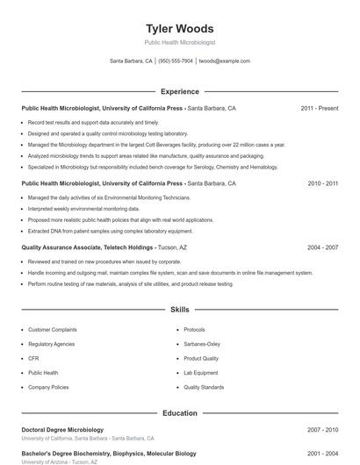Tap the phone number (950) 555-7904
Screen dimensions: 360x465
[176, 61]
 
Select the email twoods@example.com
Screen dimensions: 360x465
[225, 61]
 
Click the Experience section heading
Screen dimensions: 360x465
[179, 91]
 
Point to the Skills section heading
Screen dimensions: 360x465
[179, 310]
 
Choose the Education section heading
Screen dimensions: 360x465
[179, 412]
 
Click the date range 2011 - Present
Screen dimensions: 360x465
[319, 109]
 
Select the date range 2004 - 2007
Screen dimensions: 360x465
[322, 248]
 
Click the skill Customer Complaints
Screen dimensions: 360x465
[52, 330]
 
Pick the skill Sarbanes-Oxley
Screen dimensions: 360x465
[202, 344]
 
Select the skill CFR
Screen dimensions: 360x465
[33, 358]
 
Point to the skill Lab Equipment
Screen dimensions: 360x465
[201, 373]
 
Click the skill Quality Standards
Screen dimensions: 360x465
[204, 387]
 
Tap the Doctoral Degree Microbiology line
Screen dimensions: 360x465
[62, 430]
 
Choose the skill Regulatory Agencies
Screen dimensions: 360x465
[51, 344]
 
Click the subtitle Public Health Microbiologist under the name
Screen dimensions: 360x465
[179, 42]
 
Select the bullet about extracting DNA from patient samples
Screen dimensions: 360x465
[111, 231]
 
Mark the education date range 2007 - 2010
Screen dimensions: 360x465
[322, 430]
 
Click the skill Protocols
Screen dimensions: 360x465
[194, 330]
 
